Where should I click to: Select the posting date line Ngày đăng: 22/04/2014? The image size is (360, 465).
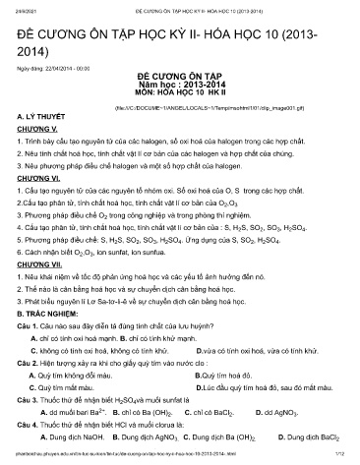point(56,58)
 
